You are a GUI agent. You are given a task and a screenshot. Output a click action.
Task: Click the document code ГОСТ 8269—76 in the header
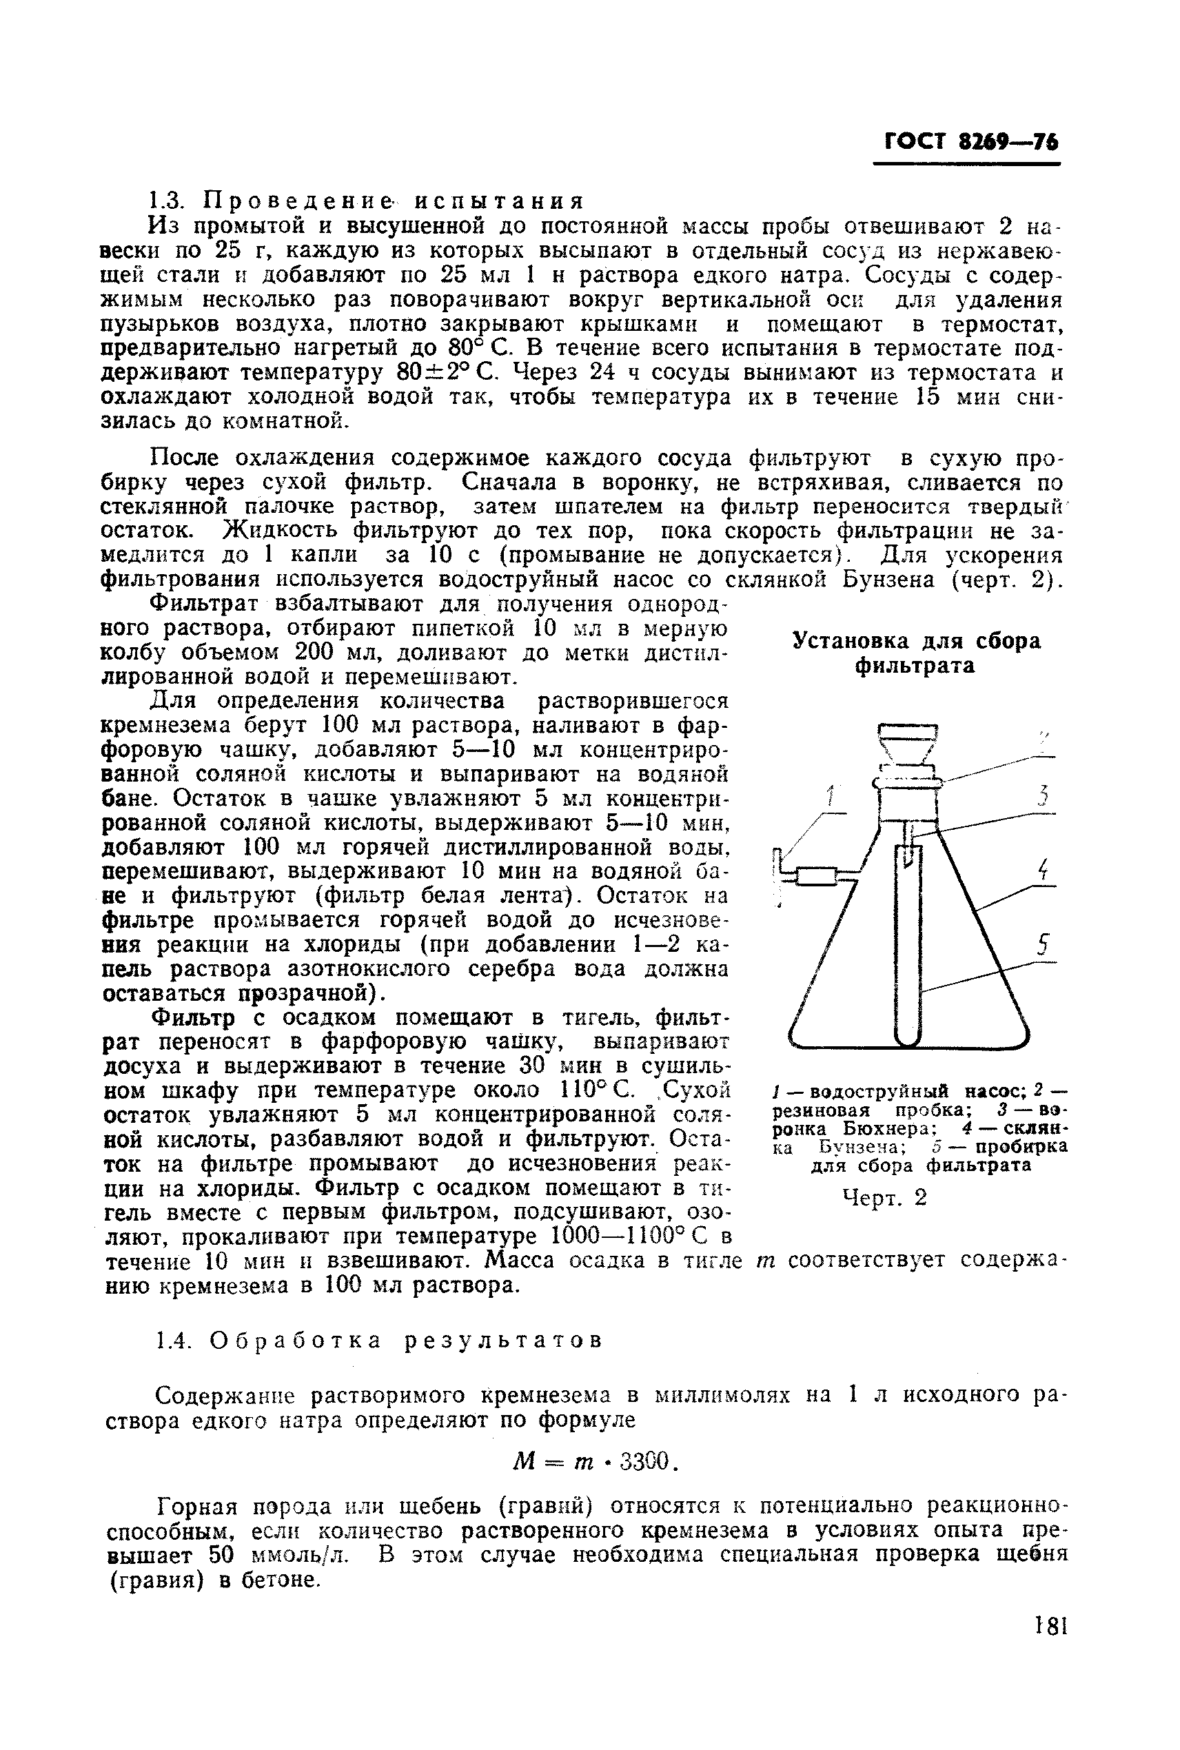point(970,142)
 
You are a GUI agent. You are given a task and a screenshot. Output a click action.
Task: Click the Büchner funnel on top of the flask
point(908,745)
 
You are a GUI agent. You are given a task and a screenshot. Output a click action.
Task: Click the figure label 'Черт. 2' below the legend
point(884,1197)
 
